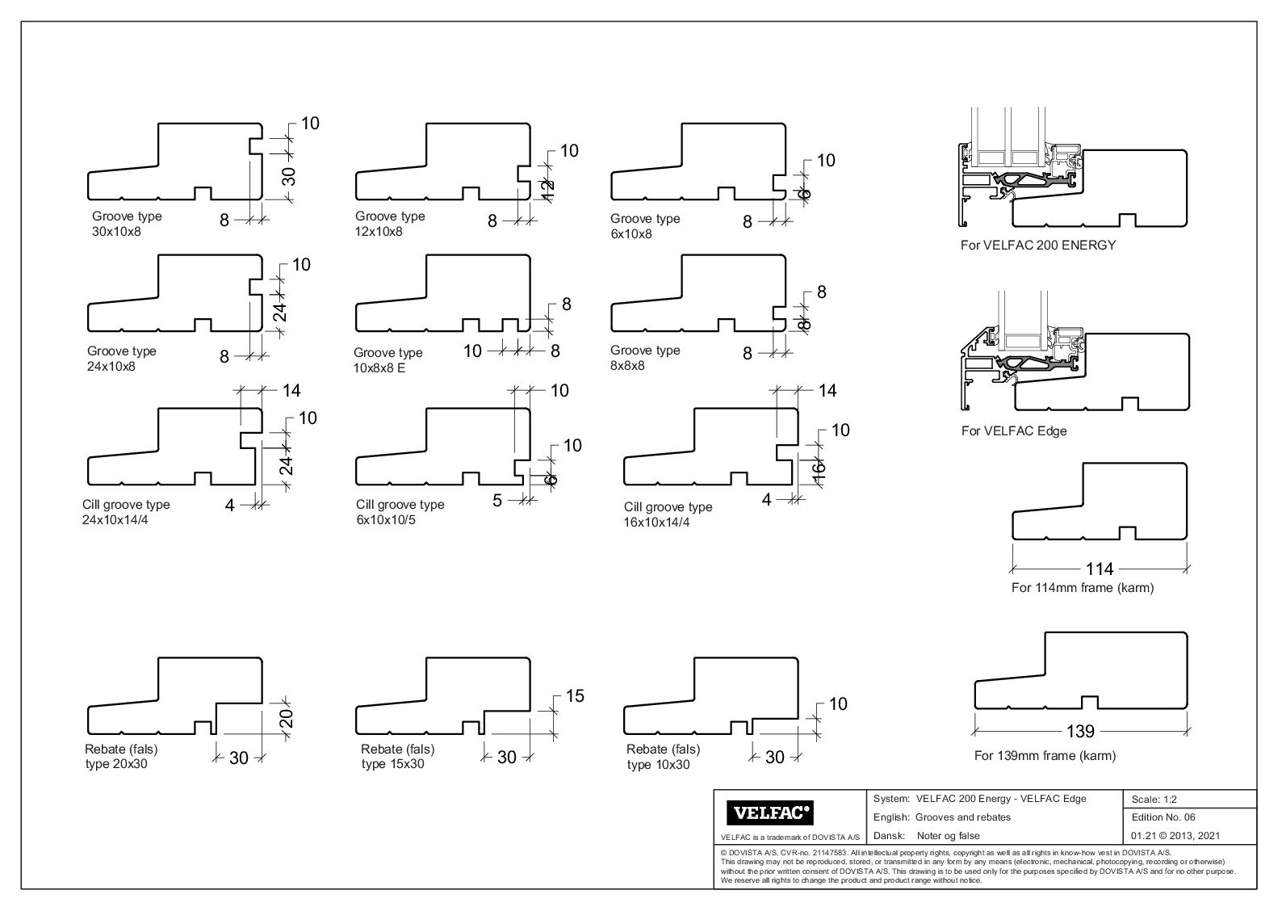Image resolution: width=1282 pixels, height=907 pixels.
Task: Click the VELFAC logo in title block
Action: (770, 812)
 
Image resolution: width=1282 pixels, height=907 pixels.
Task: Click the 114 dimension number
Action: (1100, 569)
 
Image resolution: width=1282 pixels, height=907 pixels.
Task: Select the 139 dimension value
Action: (1080, 731)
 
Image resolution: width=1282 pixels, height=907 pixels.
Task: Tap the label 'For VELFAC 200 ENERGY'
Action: (1037, 245)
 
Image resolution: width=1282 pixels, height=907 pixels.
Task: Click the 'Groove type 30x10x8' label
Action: (127, 224)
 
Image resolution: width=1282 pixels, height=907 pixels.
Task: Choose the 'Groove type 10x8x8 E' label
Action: (388, 360)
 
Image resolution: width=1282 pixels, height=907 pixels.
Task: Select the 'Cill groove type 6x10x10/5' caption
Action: (400, 512)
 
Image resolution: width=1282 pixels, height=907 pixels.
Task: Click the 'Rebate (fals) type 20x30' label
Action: (118, 757)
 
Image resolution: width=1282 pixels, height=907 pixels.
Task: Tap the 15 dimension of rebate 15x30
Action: (575, 695)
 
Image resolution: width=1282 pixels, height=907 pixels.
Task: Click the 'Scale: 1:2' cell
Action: (1154, 800)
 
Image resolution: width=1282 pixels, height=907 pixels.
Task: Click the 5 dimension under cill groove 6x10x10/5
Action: (497, 501)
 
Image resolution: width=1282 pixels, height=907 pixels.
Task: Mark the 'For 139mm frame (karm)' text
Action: (1045, 756)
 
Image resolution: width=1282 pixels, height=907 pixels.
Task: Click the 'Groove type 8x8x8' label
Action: (644, 358)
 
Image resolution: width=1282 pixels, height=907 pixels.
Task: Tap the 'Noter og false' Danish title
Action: (948, 836)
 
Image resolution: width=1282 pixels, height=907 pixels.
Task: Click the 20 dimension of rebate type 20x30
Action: (286, 717)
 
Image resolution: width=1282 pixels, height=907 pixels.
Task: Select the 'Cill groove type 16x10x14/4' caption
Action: (668, 514)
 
